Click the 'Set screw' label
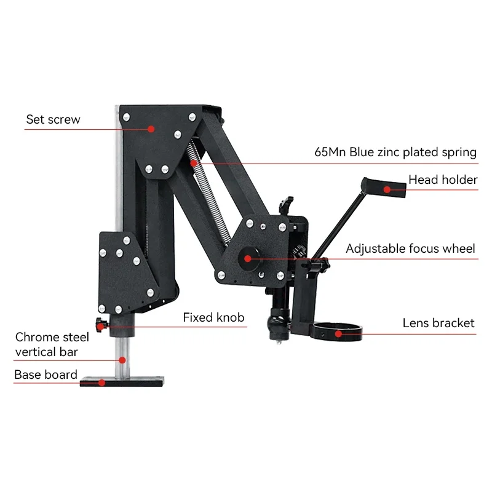tap(53, 119)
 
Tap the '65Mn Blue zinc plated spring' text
tap(395, 152)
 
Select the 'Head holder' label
tap(443, 180)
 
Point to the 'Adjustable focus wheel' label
tap(410, 248)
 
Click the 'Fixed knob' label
tap(213, 317)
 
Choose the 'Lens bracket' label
tap(438, 322)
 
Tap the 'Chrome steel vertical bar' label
tap(52, 344)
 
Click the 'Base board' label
tap(46, 374)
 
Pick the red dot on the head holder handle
tap(387, 189)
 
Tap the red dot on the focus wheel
tap(248, 258)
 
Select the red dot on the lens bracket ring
tap(338, 334)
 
